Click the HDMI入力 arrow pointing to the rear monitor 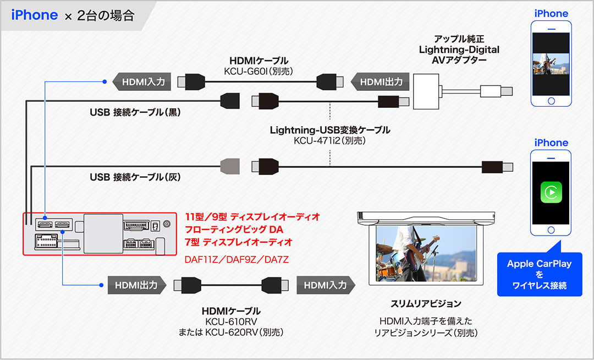(325, 285)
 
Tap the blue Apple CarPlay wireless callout (539, 274)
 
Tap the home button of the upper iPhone (551, 101)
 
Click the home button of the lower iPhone (551, 228)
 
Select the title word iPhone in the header (34, 15)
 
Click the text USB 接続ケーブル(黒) (135, 112)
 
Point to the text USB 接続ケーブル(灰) (135, 177)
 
